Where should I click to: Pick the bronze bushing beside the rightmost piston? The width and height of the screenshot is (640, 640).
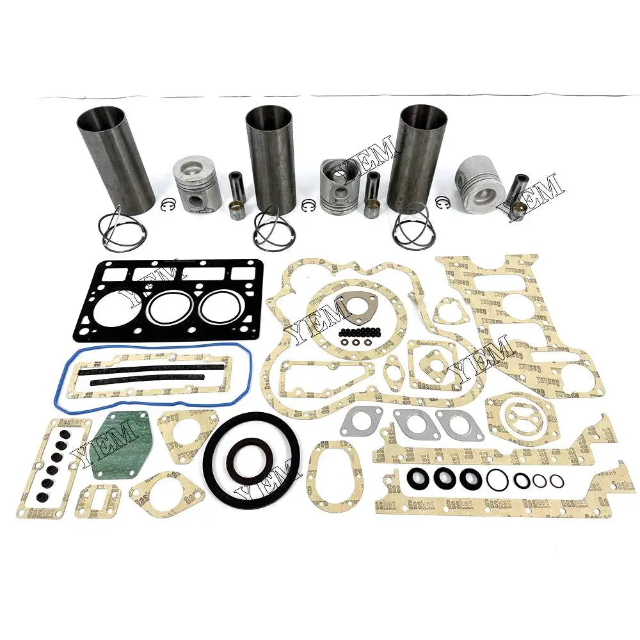click(520, 209)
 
